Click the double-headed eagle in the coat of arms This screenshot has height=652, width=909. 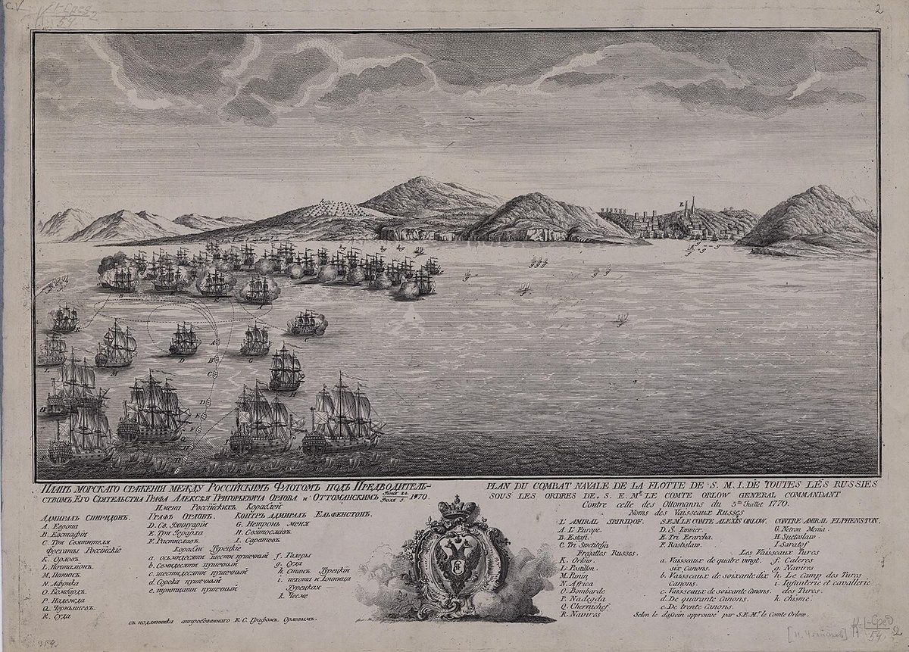pyautogui.click(x=454, y=565)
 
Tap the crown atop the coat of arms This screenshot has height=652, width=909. pyautogui.click(x=454, y=508)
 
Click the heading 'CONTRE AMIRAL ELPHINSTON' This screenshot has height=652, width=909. pyautogui.click(x=827, y=521)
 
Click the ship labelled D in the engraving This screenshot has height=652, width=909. pyautogui.click(x=184, y=341)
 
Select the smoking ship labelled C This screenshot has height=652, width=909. pyautogui.click(x=307, y=324)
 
